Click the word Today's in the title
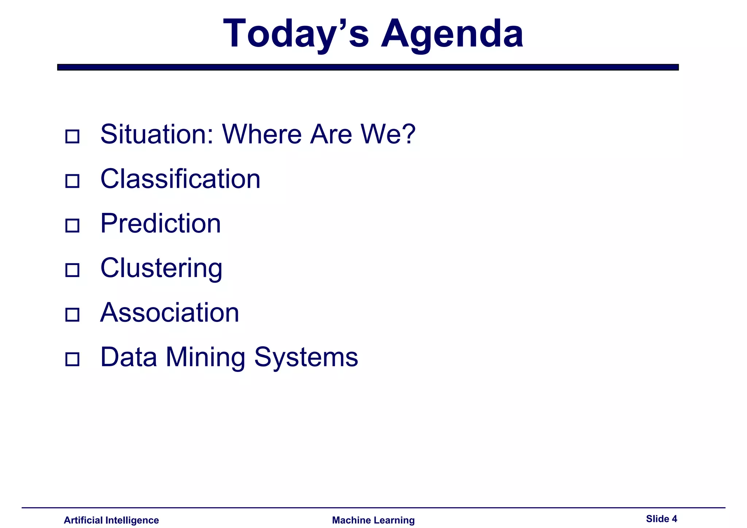[296, 34]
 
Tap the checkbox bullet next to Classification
[72, 181]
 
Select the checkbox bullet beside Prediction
[72, 225]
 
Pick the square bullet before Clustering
[72, 270]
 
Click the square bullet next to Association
[72, 314]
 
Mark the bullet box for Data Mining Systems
[72, 359]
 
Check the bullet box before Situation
[72, 136]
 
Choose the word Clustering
[161, 268]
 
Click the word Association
[170, 312]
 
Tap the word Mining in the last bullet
[205, 357]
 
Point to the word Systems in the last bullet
[306, 357]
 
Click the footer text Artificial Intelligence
[111, 520]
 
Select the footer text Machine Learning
[373, 520]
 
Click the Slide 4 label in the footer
[661, 519]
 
